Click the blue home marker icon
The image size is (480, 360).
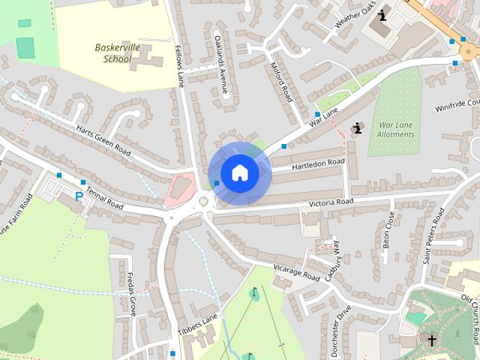[x=238, y=172]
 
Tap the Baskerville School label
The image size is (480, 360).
[x=118, y=52]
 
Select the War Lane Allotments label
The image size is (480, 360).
[x=397, y=129]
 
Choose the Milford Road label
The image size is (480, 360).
[x=281, y=82]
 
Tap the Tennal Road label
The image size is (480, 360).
[x=104, y=193]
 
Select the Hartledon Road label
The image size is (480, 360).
[x=318, y=163]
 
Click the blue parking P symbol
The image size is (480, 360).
[x=79, y=196]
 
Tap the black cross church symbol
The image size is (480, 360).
[x=432, y=340]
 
